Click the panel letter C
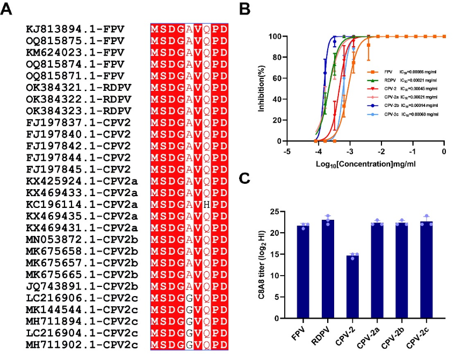click(x=245, y=179)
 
